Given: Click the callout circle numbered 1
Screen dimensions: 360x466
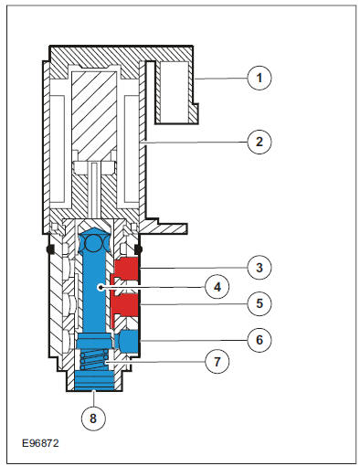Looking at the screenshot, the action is click(259, 78).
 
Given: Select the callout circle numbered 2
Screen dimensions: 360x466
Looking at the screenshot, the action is click(259, 142).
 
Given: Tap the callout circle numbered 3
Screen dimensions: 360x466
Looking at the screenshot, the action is click(259, 268).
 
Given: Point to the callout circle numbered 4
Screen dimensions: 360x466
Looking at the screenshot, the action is click(217, 287).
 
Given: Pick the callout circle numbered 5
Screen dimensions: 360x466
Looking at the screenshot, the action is click(259, 303).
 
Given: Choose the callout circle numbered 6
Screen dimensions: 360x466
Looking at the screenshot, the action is click(259, 340).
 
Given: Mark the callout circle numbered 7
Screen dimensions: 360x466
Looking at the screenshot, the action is click(217, 362).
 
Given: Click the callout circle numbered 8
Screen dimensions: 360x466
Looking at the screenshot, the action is click(93, 418).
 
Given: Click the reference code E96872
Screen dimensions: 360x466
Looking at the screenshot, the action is click(40, 443).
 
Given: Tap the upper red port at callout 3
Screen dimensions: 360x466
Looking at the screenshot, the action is click(127, 269).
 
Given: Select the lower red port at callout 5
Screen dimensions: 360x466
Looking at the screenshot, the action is click(127, 305).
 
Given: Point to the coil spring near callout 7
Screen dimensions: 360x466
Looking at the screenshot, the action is click(94, 359).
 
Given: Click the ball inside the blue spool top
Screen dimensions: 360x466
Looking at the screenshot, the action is click(94, 243).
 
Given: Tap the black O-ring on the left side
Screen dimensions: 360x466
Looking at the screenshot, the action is click(50, 249).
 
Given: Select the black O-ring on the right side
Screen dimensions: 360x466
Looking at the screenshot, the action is click(138, 249).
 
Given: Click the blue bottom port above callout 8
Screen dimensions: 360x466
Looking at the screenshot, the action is click(94, 381).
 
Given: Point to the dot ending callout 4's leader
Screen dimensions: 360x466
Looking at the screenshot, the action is click(101, 287).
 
